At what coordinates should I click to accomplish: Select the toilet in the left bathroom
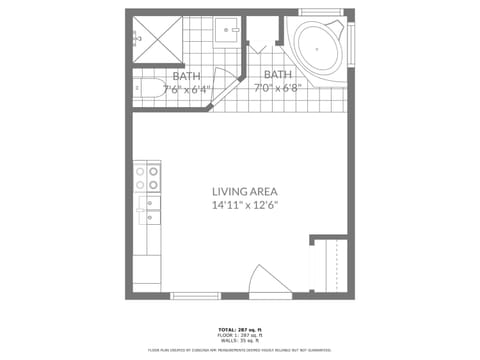[x=150, y=89]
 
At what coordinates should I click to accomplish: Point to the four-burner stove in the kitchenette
[x=147, y=178]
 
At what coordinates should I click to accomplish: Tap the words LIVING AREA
[x=244, y=191]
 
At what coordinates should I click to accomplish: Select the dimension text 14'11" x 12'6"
[x=244, y=205]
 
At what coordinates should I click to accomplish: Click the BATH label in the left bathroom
[x=186, y=76]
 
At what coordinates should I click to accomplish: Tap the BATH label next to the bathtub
[x=277, y=74]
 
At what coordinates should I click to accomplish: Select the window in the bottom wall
[x=195, y=296]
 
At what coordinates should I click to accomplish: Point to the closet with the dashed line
[x=329, y=264]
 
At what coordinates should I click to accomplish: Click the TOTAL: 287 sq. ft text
[x=240, y=328]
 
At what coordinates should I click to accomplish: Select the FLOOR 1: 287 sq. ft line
[x=240, y=334]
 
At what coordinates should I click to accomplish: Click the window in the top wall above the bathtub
[x=320, y=12]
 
